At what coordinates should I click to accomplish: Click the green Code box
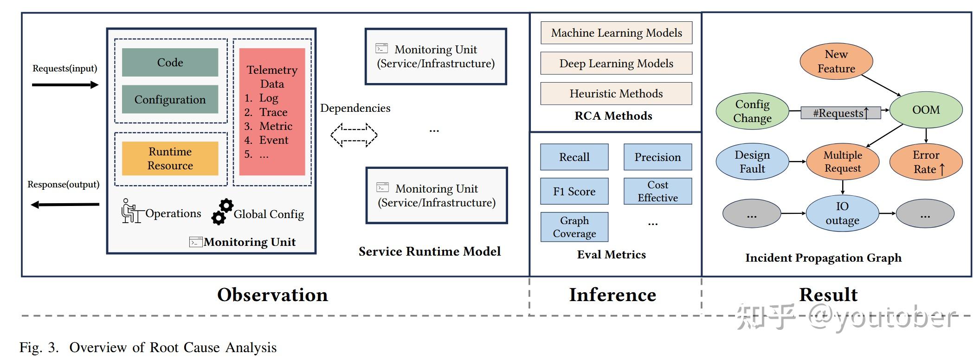click(170, 62)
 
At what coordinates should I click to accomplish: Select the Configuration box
click(170, 99)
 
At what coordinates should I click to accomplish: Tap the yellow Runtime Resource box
click(170, 158)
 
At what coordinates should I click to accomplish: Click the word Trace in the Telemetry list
click(273, 112)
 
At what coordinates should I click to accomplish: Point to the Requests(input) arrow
click(65, 85)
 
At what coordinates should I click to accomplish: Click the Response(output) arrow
click(65, 204)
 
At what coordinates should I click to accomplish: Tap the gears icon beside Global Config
click(222, 212)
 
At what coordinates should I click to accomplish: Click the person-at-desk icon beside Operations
click(130, 211)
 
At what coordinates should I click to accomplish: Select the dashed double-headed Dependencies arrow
click(354, 135)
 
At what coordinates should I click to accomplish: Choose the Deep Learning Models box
click(616, 64)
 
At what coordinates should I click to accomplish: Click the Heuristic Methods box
click(616, 94)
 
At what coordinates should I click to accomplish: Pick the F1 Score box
click(574, 191)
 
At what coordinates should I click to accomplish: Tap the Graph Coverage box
click(574, 227)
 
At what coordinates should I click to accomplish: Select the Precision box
click(658, 157)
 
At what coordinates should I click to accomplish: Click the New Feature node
click(836, 61)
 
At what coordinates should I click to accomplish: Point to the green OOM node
click(926, 110)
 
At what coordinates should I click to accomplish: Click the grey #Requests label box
click(840, 113)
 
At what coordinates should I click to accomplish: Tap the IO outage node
click(842, 213)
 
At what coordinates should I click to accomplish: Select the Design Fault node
click(752, 161)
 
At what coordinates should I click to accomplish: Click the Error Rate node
click(926, 161)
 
